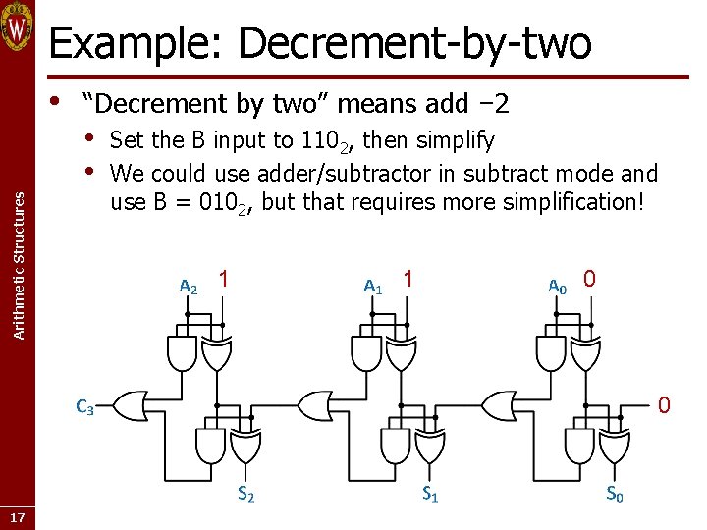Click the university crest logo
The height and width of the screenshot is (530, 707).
pyautogui.click(x=18, y=26)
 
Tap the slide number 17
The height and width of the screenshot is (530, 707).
pyautogui.click(x=17, y=517)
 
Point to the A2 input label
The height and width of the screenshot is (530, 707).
pyautogui.click(x=188, y=287)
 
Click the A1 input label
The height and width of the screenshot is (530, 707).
pyautogui.click(x=372, y=287)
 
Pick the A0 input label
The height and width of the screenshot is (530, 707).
pyautogui.click(x=557, y=287)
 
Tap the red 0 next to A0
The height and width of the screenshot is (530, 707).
pyautogui.click(x=589, y=280)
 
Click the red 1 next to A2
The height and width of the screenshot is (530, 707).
pyautogui.click(x=224, y=280)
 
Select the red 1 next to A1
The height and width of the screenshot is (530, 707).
pyautogui.click(x=408, y=280)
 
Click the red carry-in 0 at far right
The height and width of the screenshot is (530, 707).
pyautogui.click(x=664, y=403)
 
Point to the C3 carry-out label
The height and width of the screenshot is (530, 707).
pyautogui.click(x=84, y=408)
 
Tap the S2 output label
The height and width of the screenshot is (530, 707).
pyautogui.click(x=245, y=495)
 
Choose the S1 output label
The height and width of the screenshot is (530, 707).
pyautogui.click(x=430, y=495)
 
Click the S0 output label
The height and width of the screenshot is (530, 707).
pyautogui.click(x=614, y=495)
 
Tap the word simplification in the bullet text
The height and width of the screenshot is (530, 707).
pyautogui.click(x=563, y=202)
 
